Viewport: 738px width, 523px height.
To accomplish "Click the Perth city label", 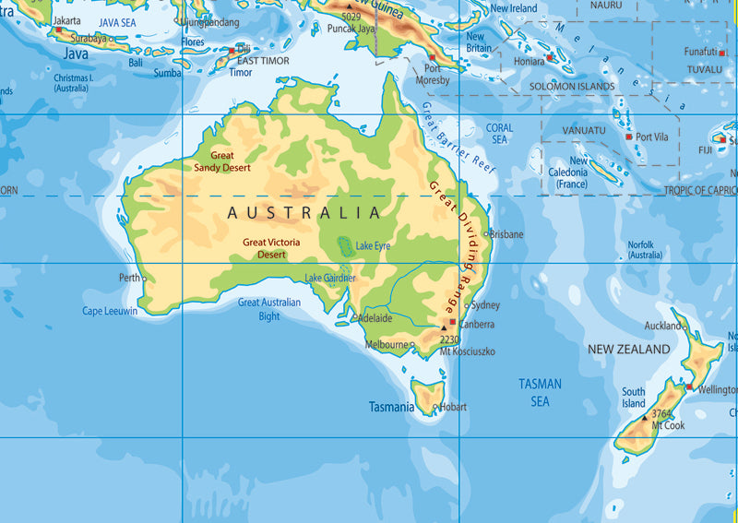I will pyautogui.click(x=128, y=278).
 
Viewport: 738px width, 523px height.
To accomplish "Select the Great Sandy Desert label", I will pyautogui.click(x=221, y=161).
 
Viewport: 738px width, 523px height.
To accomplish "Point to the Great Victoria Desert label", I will pyautogui.click(x=271, y=248).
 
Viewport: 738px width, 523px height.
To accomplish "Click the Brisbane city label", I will pyautogui.click(x=506, y=234).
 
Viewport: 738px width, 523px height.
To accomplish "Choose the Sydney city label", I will pyautogui.click(x=485, y=305).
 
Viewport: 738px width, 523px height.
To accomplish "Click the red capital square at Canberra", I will pyautogui.click(x=452, y=323).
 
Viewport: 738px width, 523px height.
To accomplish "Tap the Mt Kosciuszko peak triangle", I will pyautogui.click(x=444, y=327).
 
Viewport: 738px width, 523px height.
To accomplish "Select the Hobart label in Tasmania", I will pyautogui.click(x=453, y=407).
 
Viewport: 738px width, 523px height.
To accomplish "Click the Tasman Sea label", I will pyautogui.click(x=540, y=392).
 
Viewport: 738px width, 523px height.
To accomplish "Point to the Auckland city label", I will pyautogui.click(x=662, y=326).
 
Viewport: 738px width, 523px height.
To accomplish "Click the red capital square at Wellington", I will pyautogui.click(x=688, y=386).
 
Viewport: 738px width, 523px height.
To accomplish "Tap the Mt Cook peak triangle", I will pyautogui.click(x=645, y=418).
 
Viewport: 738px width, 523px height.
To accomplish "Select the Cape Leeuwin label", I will pyautogui.click(x=110, y=311).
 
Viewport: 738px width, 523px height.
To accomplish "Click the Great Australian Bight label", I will pyautogui.click(x=269, y=309).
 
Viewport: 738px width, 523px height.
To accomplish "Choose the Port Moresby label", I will pyautogui.click(x=432, y=74).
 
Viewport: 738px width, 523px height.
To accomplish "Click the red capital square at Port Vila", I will pyautogui.click(x=629, y=137).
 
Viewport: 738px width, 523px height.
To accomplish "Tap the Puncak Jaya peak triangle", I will pyautogui.click(x=350, y=7).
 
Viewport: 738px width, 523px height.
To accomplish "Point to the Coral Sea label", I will pyautogui.click(x=499, y=134).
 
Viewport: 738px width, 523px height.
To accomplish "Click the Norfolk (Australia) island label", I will pyautogui.click(x=645, y=250).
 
